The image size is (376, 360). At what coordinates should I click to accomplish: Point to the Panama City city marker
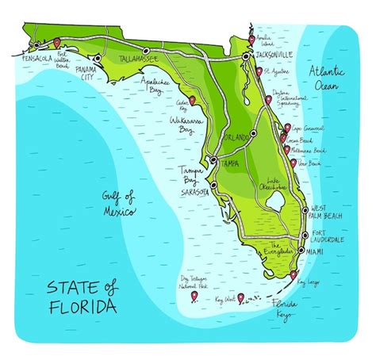point(96,58)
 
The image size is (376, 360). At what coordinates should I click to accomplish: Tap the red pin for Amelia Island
point(251,39)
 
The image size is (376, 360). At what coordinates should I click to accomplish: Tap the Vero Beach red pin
point(288,162)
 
